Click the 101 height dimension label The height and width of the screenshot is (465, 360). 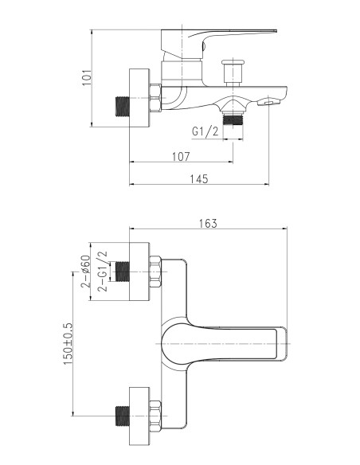(x=87, y=78)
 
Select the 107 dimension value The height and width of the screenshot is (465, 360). (x=181, y=156)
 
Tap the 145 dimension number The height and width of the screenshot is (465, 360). (x=198, y=179)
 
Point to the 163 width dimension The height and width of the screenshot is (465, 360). (x=208, y=223)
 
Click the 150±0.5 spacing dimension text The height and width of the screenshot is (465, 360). (x=68, y=344)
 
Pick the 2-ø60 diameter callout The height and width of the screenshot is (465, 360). (x=85, y=272)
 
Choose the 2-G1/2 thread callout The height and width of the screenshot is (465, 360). (x=103, y=272)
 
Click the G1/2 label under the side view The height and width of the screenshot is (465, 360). (x=205, y=131)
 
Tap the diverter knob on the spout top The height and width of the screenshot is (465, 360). (x=233, y=73)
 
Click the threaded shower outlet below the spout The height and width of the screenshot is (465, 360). (x=233, y=119)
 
